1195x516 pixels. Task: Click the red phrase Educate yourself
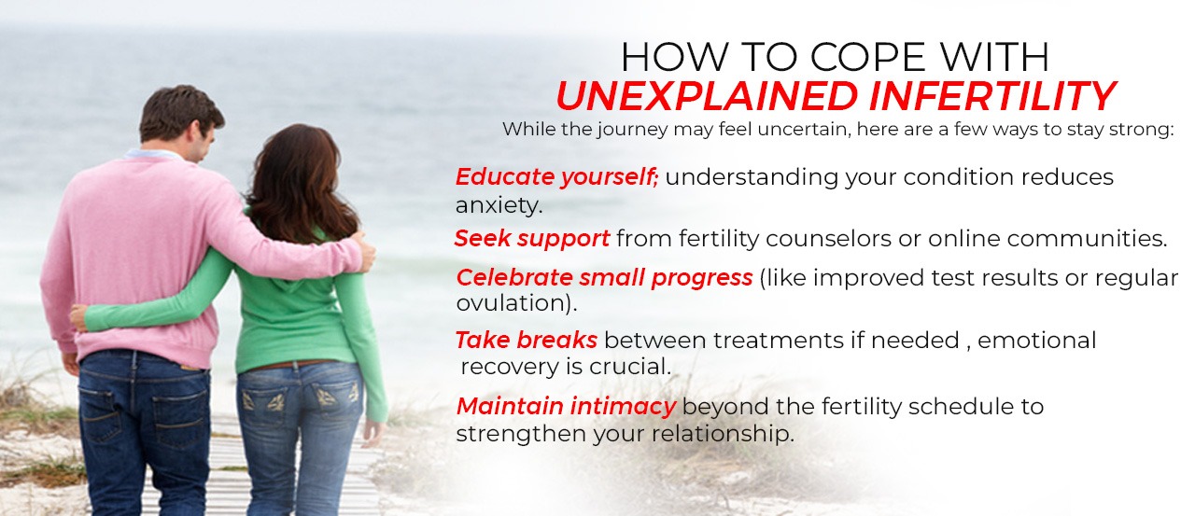coord(556,177)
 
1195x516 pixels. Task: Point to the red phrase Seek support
coord(532,239)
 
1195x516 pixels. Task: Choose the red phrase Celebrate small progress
coord(604,278)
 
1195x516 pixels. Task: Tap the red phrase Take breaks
coord(526,341)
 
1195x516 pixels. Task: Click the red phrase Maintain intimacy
coord(566,407)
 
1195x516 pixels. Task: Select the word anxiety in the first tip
coord(499,204)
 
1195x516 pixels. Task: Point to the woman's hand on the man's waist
coord(78,318)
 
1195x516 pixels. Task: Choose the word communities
coord(1087,239)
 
